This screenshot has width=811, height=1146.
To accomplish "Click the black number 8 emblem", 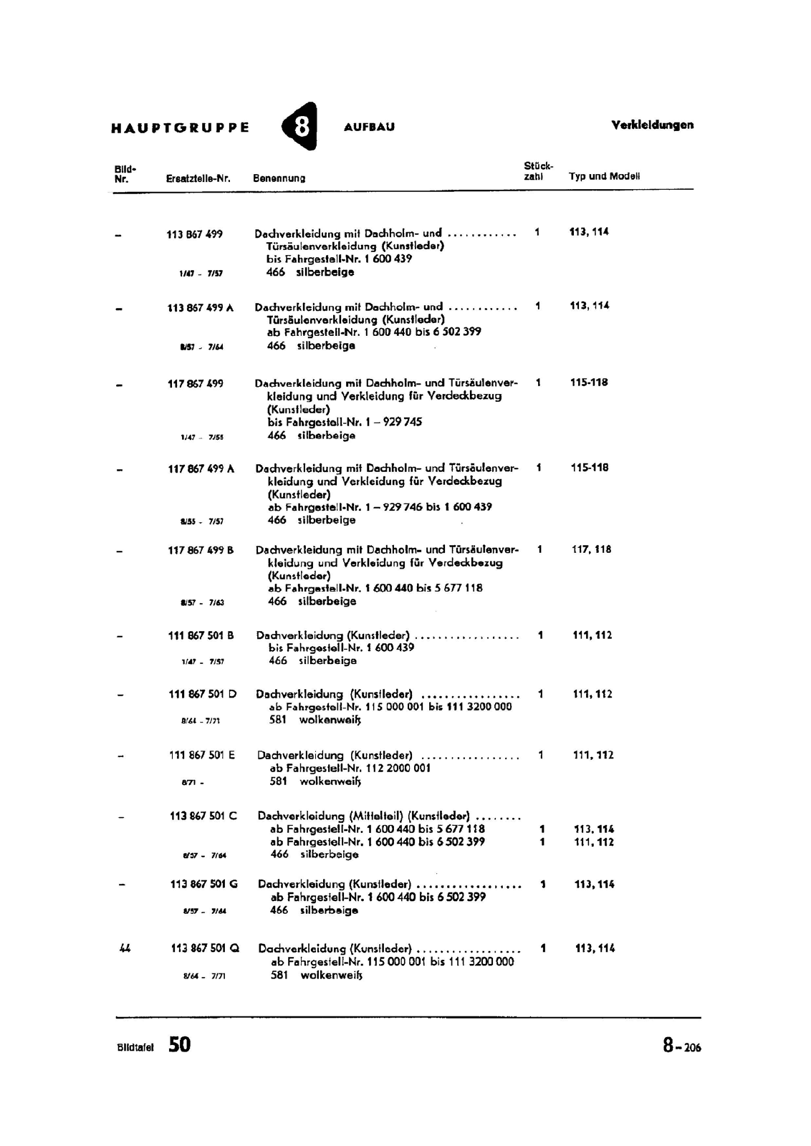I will pos(301,127).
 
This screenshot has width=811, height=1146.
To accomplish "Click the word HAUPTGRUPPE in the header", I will pos(181,128).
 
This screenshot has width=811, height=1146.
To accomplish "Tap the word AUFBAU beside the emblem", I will pos(369,127).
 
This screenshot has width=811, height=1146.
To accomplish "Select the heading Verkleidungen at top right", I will pos(652,125).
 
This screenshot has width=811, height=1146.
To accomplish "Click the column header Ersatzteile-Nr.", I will pos(198,178).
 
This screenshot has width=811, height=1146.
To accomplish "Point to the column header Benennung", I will pos(279,178).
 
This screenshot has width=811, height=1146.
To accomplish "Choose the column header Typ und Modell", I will pos(604,176).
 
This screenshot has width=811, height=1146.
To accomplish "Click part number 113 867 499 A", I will pos(201,308).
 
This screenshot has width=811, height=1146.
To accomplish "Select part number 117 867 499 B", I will pos(201,550).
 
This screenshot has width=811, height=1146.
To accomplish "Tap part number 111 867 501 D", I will pos(203,694).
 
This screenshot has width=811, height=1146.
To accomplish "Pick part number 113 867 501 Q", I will pos(205,948).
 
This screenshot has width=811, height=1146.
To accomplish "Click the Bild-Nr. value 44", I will pos(125,948).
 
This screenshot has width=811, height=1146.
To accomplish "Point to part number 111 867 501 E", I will pos(202,755).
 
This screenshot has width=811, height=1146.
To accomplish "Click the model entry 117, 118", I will pos(591,549).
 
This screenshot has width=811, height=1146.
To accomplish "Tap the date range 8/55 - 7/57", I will pos(202,521).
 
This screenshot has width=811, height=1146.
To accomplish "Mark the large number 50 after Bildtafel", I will pos(180,1045).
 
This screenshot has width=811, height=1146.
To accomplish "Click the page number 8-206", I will pos(681,1046).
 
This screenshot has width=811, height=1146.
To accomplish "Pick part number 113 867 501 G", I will pos(203,885).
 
